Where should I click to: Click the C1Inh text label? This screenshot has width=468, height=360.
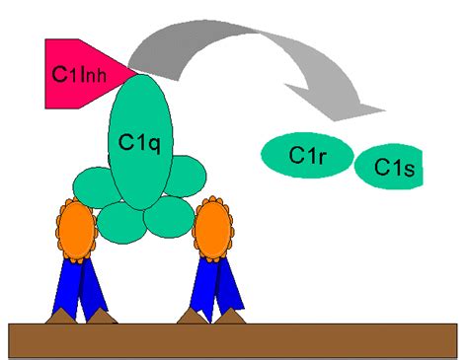click(x=74, y=73)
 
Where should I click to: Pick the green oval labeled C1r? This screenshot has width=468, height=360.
click(x=307, y=156)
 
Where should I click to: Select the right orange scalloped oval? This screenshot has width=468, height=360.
click(x=213, y=228)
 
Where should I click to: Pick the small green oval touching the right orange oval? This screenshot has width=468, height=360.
click(x=189, y=181)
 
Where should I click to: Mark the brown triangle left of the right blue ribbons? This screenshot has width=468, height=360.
click(x=192, y=315)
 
